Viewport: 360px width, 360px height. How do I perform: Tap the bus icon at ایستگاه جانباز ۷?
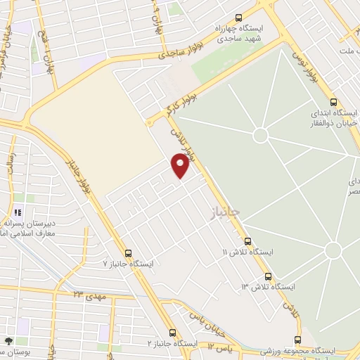128,253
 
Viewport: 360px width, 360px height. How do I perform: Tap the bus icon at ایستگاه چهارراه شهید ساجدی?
238,18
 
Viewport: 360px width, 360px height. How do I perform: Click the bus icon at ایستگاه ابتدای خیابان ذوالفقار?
333,101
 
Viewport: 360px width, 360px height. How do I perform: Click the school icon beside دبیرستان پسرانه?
18,212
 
